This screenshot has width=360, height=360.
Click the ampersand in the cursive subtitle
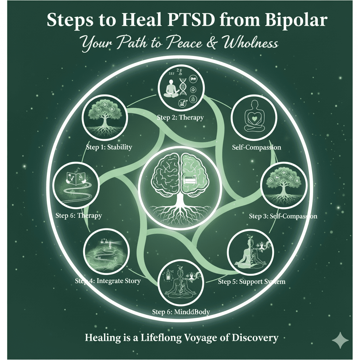201,44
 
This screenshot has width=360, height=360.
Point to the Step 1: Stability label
109,147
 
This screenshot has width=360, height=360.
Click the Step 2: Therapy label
180,117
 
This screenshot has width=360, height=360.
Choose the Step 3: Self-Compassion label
283,216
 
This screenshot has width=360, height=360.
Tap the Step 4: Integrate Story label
108,281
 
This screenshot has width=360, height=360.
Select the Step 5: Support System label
251,282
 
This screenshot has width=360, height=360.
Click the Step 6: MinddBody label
181,311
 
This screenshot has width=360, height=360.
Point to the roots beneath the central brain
180,211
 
